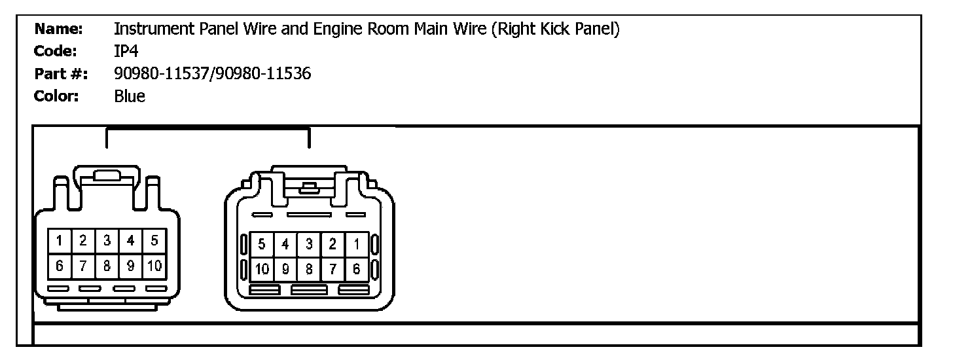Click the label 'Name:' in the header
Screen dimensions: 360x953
point(58,29)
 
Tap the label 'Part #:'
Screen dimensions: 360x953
point(56,74)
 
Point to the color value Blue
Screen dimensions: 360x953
point(130,97)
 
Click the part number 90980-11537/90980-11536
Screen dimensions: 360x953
point(212,74)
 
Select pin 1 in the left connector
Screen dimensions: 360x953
point(60,241)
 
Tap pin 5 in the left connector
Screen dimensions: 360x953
point(154,241)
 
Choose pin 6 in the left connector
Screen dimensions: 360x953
point(60,266)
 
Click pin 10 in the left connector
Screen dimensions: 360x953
point(154,266)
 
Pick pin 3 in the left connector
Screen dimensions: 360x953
point(107,241)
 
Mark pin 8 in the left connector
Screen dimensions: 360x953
point(107,266)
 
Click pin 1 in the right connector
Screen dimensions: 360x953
point(357,245)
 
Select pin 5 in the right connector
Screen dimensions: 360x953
point(262,245)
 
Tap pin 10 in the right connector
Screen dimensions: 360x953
point(262,269)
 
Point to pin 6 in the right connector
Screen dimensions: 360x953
point(357,269)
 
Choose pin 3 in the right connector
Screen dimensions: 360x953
point(309,245)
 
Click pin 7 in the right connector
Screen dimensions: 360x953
point(333,269)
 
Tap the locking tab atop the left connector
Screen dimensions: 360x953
point(107,175)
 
